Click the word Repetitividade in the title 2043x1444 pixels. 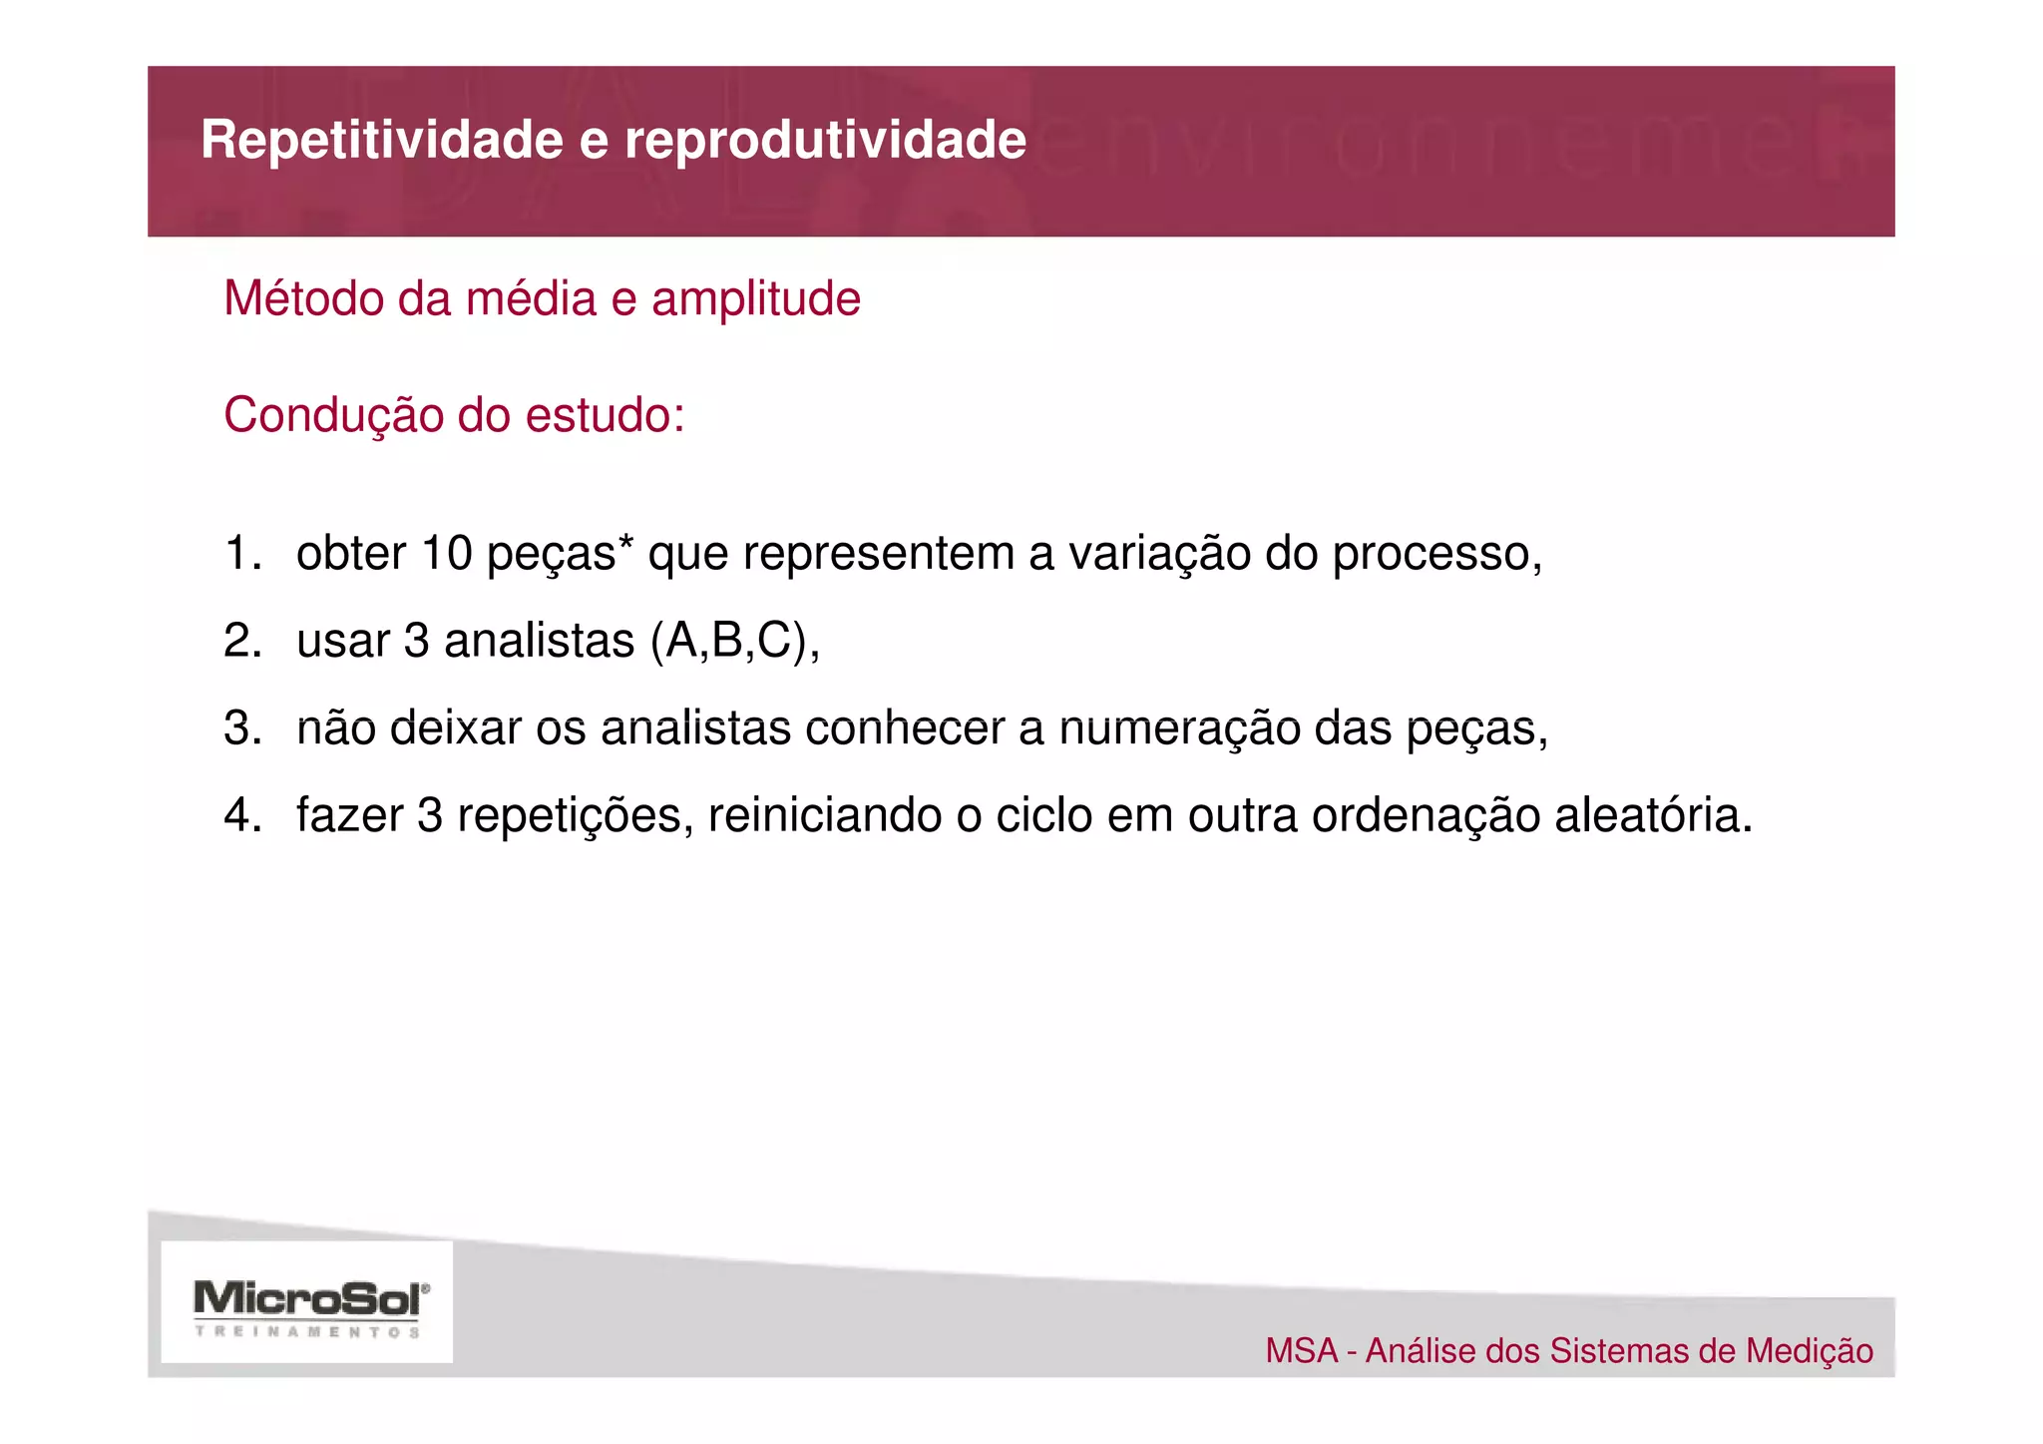[382, 140]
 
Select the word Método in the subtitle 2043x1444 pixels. [304, 298]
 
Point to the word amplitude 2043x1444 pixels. [755, 299]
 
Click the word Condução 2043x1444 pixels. [333, 415]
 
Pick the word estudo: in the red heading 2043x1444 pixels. [606, 415]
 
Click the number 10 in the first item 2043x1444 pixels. [447, 553]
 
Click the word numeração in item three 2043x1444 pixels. [1179, 728]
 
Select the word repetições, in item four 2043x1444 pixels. [576, 816]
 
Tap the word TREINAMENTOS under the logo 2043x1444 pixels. [307, 1331]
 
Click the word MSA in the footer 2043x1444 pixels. [1302, 1351]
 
